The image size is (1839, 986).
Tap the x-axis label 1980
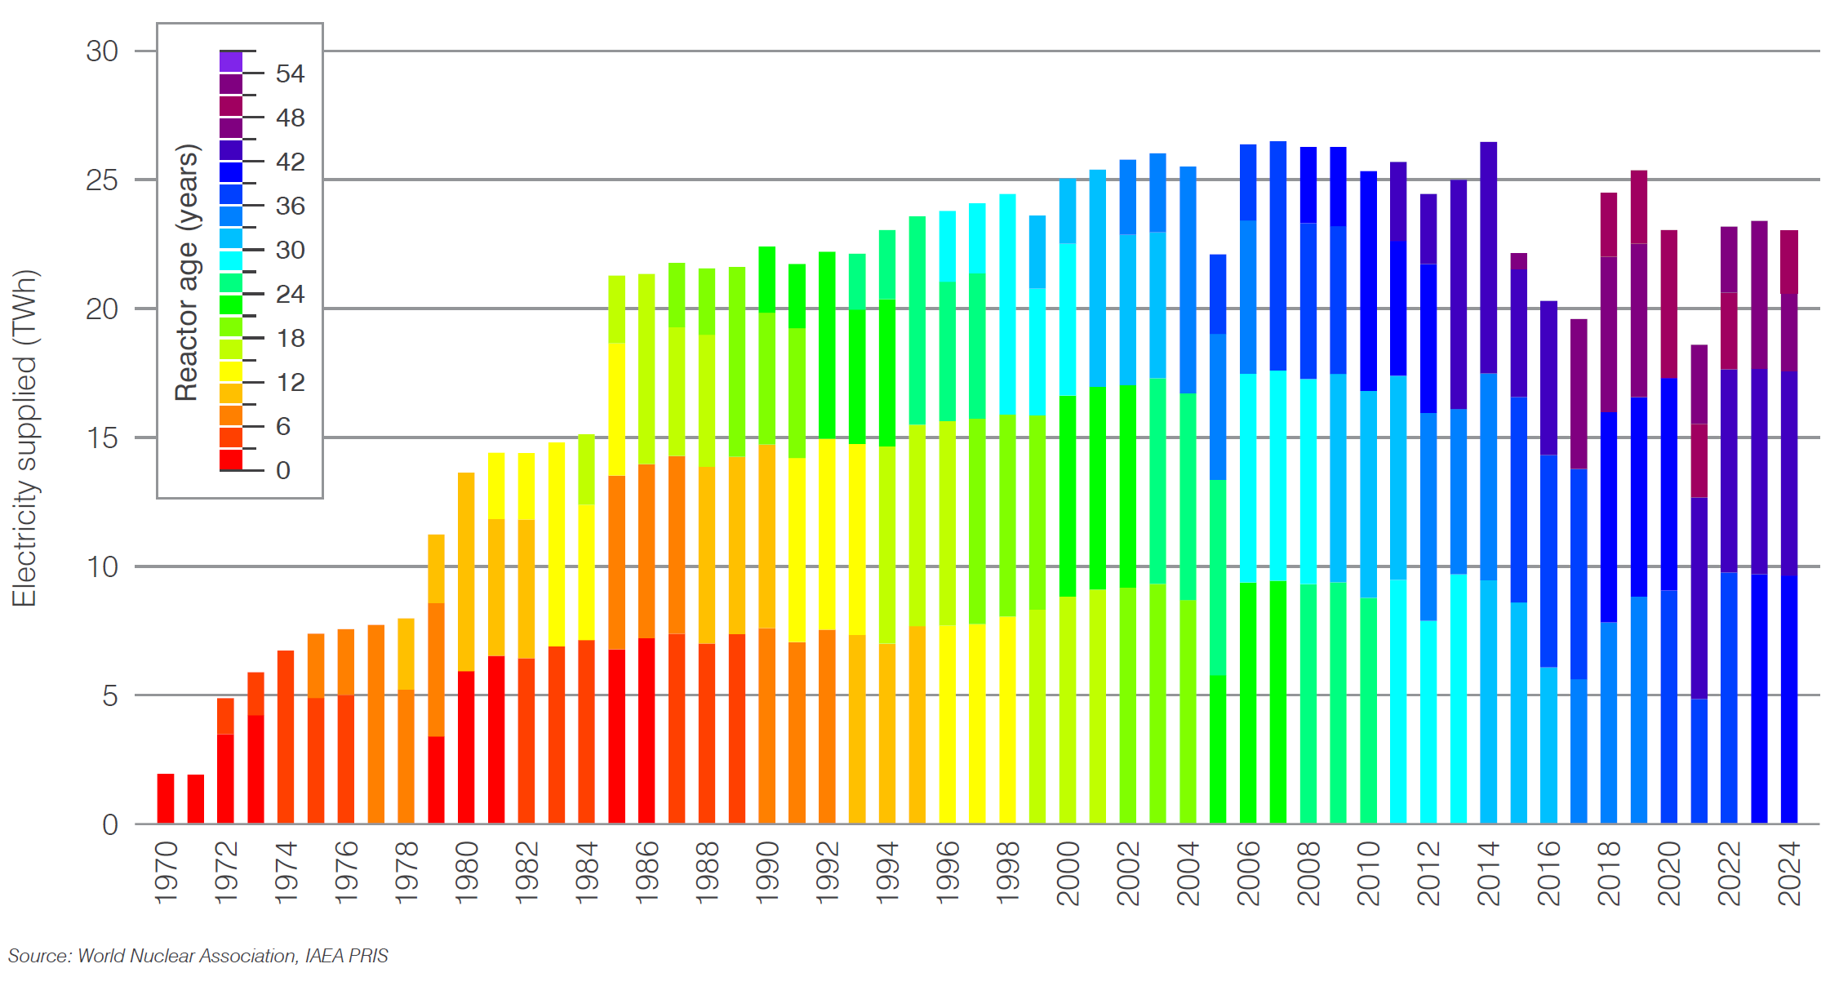[x=466, y=873]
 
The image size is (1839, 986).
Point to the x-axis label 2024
[x=1789, y=873]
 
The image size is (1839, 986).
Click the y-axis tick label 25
[x=102, y=180]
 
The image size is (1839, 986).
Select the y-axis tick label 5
[x=110, y=696]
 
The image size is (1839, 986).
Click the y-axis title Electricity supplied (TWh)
[x=24, y=437]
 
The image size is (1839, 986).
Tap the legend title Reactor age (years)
[x=187, y=273]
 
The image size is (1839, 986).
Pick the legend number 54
[x=290, y=74]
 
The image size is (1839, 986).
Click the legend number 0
[x=283, y=471]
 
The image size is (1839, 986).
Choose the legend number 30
[x=290, y=251]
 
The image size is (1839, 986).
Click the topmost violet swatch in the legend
[x=231, y=62]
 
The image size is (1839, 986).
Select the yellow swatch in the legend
[x=231, y=371]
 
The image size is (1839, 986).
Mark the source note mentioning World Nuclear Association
[x=198, y=956]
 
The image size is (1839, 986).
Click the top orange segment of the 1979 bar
[x=436, y=569]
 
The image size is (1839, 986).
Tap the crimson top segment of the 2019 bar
[x=1639, y=207]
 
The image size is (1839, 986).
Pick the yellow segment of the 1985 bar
[x=617, y=409]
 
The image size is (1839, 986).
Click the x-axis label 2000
[x=1068, y=873]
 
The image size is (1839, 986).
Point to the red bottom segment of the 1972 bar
[x=225, y=779]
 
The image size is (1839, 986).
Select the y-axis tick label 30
[x=102, y=51]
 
